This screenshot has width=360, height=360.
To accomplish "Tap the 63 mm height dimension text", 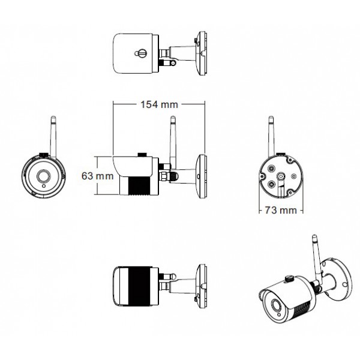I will coord(97,176).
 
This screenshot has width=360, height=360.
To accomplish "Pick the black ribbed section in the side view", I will coord(140,185).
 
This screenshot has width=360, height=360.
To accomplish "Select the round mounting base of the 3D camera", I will coord(340,277).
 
